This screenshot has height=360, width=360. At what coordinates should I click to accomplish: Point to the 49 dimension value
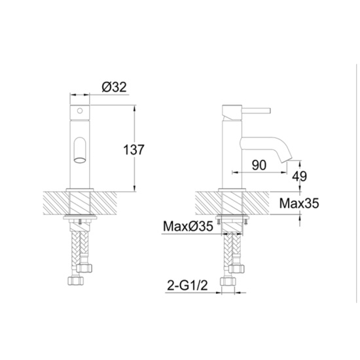(301, 175)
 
